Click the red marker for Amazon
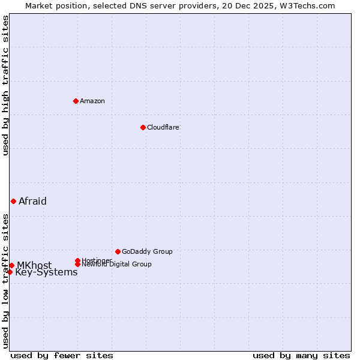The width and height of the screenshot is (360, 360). (x=76, y=101)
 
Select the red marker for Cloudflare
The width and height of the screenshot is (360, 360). (x=143, y=127)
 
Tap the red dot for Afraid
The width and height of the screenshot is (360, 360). (x=13, y=201)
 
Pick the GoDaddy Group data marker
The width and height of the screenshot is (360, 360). (x=118, y=251)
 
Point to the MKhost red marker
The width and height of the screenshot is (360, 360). (x=11, y=265)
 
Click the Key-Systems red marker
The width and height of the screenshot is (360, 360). (x=10, y=272)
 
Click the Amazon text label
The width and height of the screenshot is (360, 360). (x=92, y=101)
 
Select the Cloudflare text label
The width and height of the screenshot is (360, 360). (x=163, y=127)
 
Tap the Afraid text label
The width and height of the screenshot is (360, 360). (x=32, y=201)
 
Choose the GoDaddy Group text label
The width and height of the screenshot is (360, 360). (x=147, y=251)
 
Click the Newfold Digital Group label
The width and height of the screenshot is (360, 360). (x=116, y=264)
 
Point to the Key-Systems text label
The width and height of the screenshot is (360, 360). (x=46, y=272)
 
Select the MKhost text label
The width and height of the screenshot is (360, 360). (x=34, y=265)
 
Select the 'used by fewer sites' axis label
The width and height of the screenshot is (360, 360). (x=62, y=355)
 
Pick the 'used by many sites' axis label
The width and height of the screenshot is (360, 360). (x=301, y=355)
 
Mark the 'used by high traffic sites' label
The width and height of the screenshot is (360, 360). (x=5, y=85)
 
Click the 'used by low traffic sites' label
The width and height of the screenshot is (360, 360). (x=5, y=281)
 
